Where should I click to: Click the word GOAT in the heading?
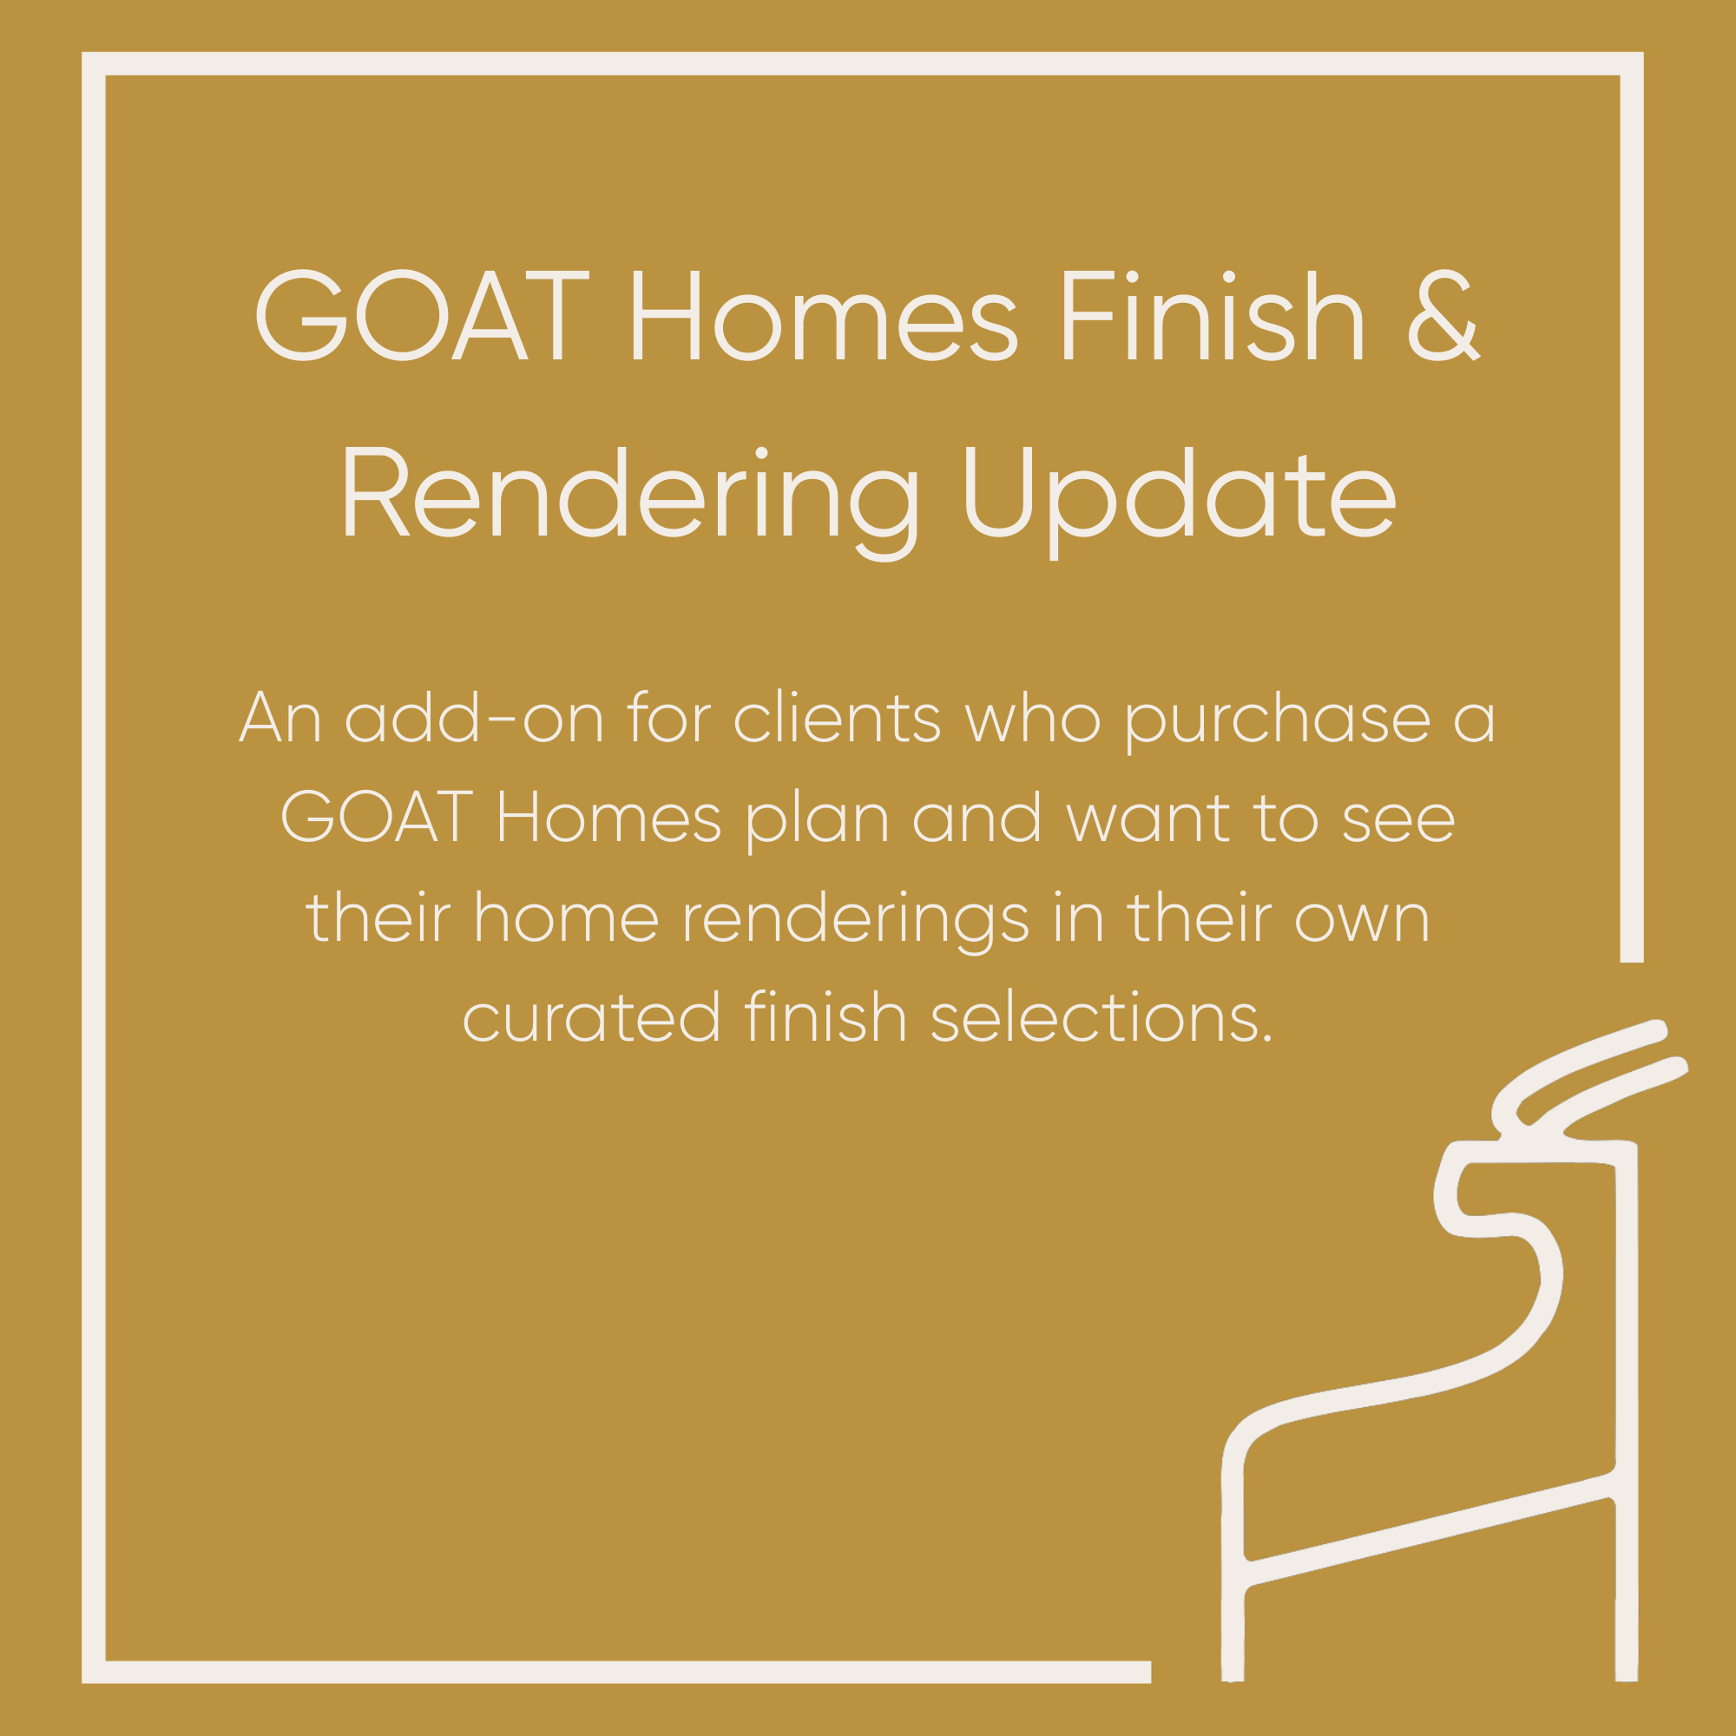point(422,315)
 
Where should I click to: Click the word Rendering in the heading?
point(628,495)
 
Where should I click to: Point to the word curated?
point(591,1018)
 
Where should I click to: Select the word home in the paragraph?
point(566,919)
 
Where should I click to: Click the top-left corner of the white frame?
point(94,63)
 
